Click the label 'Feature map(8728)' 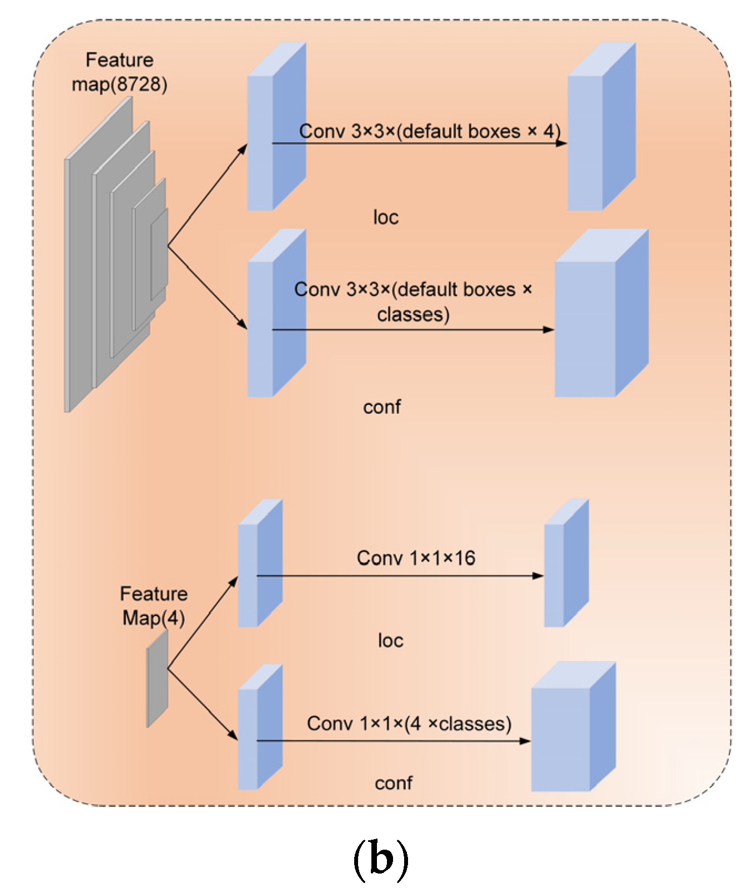point(119,72)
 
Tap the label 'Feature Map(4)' point(154,606)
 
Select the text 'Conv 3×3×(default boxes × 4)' point(430,132)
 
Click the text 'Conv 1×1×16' point(416,558)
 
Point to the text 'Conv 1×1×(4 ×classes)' point(409,724)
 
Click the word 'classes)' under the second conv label point(413,315)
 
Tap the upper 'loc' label point(386,217)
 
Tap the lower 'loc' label point(390,640)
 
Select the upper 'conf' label point(382,407)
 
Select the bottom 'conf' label point(393,783)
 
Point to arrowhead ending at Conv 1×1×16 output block point(538,576)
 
